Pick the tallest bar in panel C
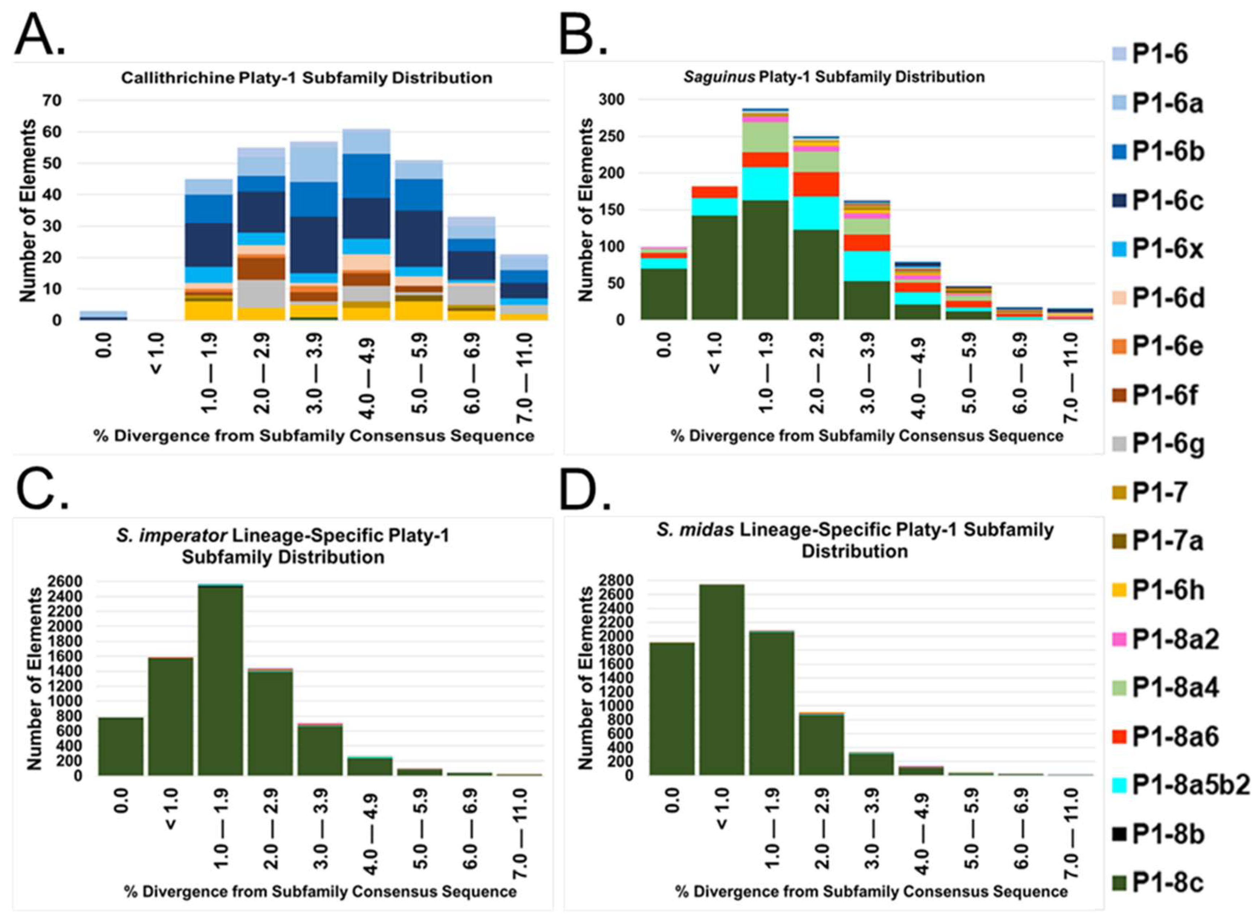[220, 679]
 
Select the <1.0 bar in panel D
[721, 679]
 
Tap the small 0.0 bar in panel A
[104, 315]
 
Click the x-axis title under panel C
[320, 891]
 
